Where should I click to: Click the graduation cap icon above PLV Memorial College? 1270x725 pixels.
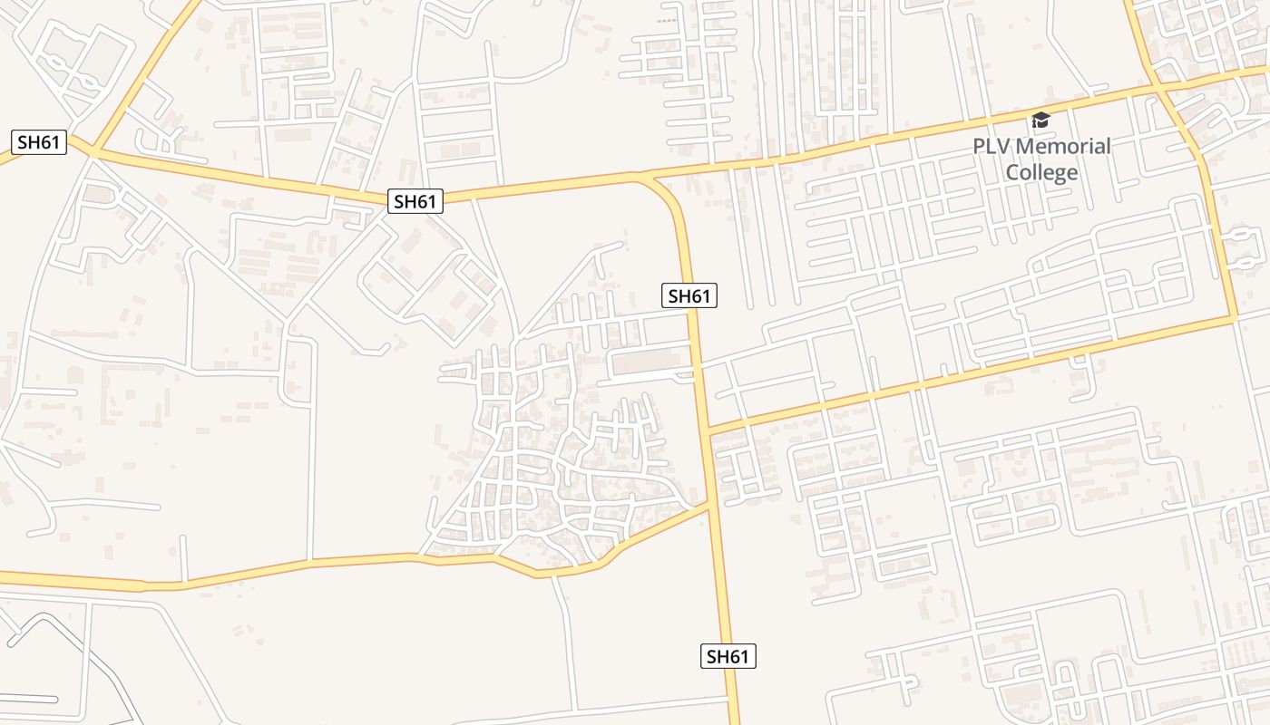1040,120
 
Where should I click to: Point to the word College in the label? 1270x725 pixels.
1041,172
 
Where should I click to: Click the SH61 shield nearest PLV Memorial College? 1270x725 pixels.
689,295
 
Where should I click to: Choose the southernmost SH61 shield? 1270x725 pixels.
728,656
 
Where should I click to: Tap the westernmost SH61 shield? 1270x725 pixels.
40,141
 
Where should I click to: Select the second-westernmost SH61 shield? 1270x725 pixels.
415,201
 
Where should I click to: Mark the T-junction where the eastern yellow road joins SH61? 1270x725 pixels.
708,430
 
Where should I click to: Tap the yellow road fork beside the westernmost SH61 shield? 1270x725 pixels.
92,151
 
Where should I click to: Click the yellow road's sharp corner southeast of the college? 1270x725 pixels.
1235,318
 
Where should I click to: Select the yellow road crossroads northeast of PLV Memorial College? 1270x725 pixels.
1158,87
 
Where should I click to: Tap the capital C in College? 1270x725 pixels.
1012,172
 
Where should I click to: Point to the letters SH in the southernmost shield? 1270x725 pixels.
718,656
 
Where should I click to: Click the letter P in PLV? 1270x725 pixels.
980,146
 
